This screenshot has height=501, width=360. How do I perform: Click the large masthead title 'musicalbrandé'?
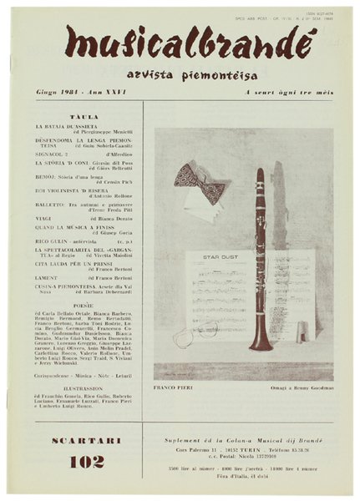tap(180, 41)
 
